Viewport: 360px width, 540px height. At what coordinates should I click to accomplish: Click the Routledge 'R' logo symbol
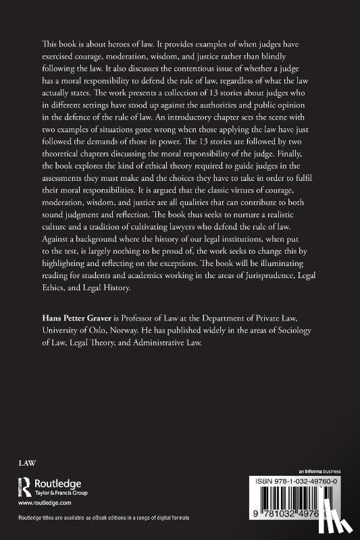pyautogui.click(x=24, y=487)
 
